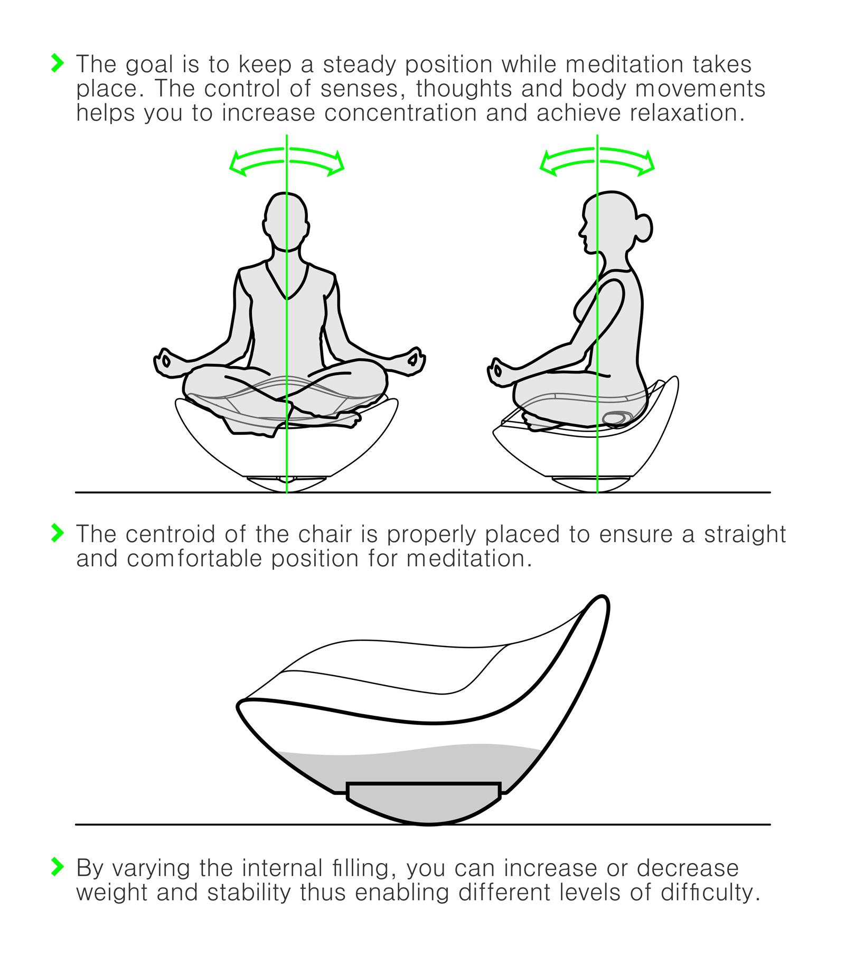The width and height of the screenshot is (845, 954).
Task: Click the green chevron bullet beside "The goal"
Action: pos(57,63)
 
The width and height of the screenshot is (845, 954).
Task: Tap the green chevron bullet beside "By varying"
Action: pos(57,867)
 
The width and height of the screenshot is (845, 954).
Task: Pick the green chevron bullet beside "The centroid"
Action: pos(57,532)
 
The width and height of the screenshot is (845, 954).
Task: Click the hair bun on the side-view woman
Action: pos(644,228)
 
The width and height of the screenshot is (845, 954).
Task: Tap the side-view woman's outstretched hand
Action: pos(498,372)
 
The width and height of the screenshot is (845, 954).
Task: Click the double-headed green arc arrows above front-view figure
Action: pos(287,161)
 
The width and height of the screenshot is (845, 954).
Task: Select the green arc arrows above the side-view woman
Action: pos(597,161)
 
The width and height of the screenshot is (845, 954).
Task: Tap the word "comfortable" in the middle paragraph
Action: pos(194,558)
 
